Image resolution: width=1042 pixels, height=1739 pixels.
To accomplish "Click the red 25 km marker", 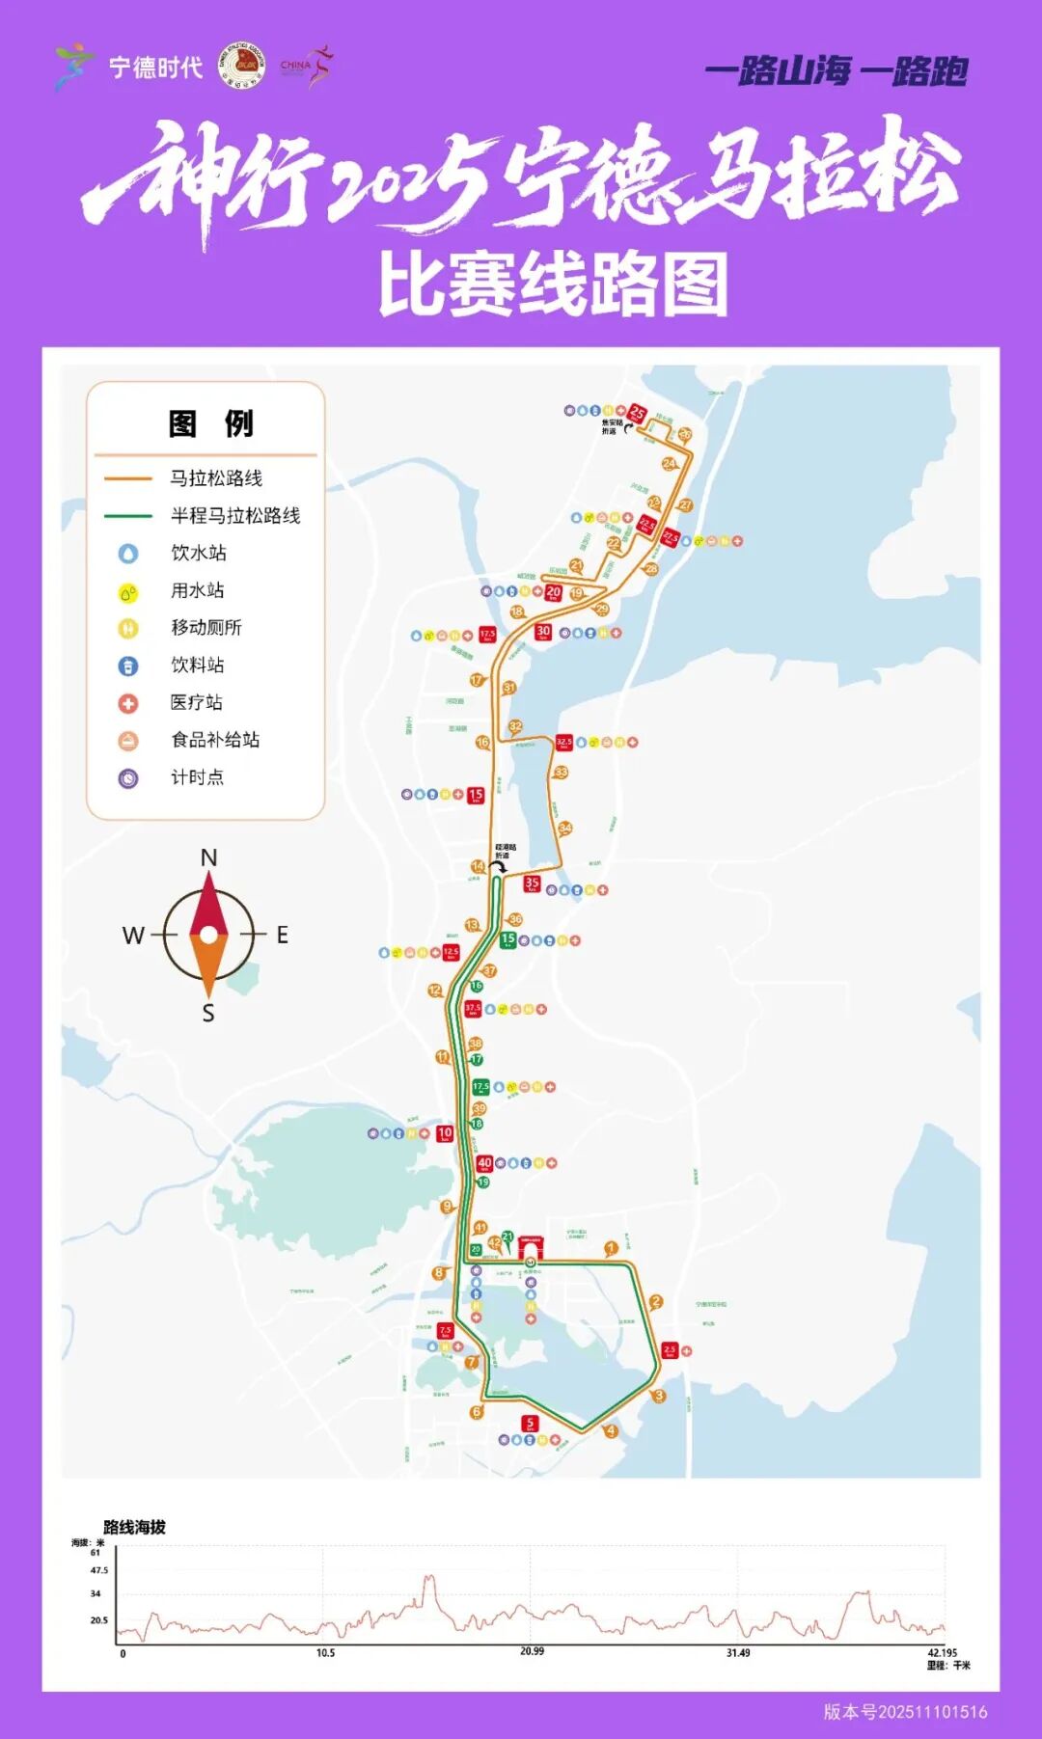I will pyautogui.click(x=637, y=414).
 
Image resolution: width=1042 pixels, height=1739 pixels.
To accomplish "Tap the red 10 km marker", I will pyautogui.click(x=445, y=1133).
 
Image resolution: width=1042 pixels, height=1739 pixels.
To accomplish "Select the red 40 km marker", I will pyautogui.click(x=484, y=1164).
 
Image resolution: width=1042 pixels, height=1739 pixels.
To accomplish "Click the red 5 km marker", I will pyautogui.click(x=529, y=1424).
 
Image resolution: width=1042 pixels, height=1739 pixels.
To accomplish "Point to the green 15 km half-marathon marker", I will pyautogui.click(x=507, y=939).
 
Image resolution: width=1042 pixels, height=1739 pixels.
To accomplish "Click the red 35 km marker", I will pyautogui.click(x=532, y=883).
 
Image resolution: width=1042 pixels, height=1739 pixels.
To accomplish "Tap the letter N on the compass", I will pyautogui.click(x=208, y=857).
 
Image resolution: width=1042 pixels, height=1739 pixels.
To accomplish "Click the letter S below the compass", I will pyautogui.click(x=208, y=1013).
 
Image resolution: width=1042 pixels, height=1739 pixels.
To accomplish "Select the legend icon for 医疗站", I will pyautogui.click(x=128, y=703).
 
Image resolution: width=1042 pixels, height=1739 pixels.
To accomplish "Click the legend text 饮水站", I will pyautogui.click(x=199, y=553).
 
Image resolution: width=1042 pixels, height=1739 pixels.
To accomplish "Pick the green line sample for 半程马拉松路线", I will pyautogui.click(x=128, y=516).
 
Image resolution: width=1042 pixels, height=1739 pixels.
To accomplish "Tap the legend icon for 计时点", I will pyautogui.click(x=128, y=778).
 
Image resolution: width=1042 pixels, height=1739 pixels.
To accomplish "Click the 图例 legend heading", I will pyautogui.click(x=210, y=423).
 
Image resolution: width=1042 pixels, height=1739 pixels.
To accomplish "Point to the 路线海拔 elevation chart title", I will pyautogui.click(x=134, y=1527).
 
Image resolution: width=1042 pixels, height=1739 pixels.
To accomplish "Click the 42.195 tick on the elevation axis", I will pyautogui.click(x=942, y=1653).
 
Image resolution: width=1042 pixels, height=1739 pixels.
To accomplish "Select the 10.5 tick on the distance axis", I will pyautogui.click(x=326, y=1653).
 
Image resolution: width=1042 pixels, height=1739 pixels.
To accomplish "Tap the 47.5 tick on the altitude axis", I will pyautogui.click(x=98, y=1570).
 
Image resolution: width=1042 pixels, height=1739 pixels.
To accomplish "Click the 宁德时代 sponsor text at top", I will pyautogui.click(x=155, y=68).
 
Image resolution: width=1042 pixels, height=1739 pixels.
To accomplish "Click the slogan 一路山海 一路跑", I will pyautogui.click(x=836, y=71).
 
